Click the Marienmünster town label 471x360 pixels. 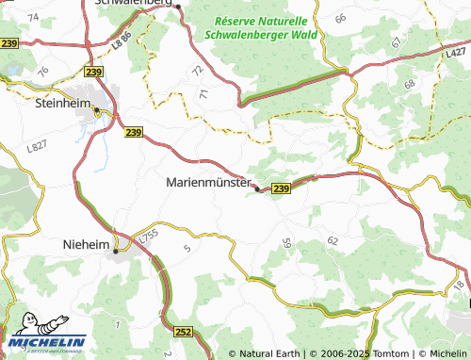click(x=208, y=180)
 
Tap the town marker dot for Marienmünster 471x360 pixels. click(x=256, y=188)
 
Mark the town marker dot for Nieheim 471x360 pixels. click(x=116, y=251)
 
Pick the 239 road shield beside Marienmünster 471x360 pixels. click(x=280, y=189)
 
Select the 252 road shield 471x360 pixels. click(x=184, y=332)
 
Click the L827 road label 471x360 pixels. click(x=38, y=146)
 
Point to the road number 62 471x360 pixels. click(x=333, y=241)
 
